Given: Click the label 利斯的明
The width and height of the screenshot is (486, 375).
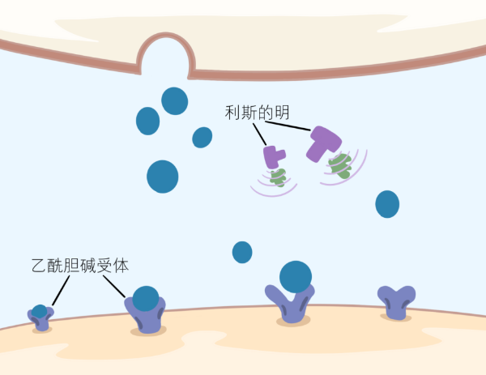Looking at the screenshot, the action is (x=258, y=113).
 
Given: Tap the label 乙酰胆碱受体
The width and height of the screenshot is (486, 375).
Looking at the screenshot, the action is (x=80, y=266).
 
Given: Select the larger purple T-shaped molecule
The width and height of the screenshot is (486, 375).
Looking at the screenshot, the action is (x=324, y=143).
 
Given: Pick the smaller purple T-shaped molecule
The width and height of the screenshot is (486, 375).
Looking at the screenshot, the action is (x=274, y=157).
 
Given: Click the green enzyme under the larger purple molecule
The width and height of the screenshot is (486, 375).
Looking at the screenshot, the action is (x=340, y=166).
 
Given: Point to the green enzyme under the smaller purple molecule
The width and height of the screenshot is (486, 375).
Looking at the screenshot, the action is (x=278, y=178).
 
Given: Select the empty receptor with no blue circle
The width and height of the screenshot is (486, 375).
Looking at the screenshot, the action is (x=396, y=303).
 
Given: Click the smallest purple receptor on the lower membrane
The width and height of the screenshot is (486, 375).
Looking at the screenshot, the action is (x=40, y=318).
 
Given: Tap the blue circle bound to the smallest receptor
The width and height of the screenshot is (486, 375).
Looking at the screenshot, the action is (x=40, y=312).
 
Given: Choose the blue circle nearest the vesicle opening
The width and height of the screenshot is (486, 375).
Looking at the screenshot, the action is (x=174, y=101).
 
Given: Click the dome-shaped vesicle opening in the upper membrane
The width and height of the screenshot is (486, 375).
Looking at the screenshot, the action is (x=166, y=54).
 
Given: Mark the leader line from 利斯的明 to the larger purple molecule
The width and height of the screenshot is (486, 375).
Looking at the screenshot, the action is (x=288, y=126).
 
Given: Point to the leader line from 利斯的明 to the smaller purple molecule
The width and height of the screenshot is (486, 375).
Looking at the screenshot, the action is (x=259, y=134).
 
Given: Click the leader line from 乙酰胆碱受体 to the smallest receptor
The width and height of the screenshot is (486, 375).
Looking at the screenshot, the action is (x=61, y=291).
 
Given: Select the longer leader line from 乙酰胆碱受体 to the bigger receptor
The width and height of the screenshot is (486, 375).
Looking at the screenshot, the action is (x=114, y=287).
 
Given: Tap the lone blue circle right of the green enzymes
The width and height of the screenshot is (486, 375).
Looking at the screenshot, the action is (x=387, y=204).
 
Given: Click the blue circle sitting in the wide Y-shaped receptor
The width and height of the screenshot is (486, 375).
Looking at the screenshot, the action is (x=296, y=277).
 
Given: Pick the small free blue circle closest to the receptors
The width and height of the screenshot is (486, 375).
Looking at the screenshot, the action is (x=242, y=252).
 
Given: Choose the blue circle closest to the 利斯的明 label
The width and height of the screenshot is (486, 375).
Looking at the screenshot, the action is (x=202, y=138).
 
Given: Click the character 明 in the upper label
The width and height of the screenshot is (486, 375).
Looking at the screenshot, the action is (x=282, y=113).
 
